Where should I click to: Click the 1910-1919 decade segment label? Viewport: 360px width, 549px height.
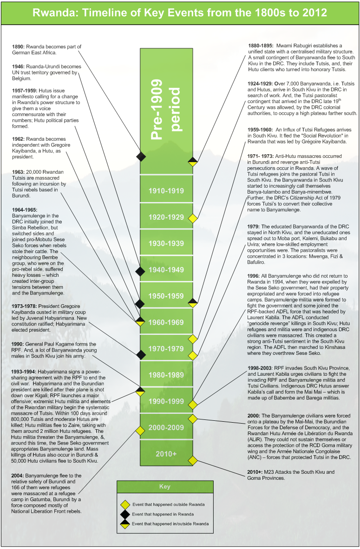(166, 191)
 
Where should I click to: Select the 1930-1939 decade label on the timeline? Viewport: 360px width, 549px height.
(166, 243)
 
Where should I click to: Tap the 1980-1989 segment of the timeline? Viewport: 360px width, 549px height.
(166, 375)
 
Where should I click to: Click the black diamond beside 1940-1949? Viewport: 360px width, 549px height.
(140, 270)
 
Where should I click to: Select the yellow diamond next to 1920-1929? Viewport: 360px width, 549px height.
(192, 217)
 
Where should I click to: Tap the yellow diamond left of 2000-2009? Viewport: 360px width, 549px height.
(140, 430)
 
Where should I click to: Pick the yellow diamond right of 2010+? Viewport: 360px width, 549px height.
(192, 461)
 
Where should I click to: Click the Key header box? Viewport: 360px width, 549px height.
(165, 487)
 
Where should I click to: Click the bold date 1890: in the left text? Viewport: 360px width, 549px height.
(19, 47)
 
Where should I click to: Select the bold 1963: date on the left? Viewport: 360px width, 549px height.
(19, 172)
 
